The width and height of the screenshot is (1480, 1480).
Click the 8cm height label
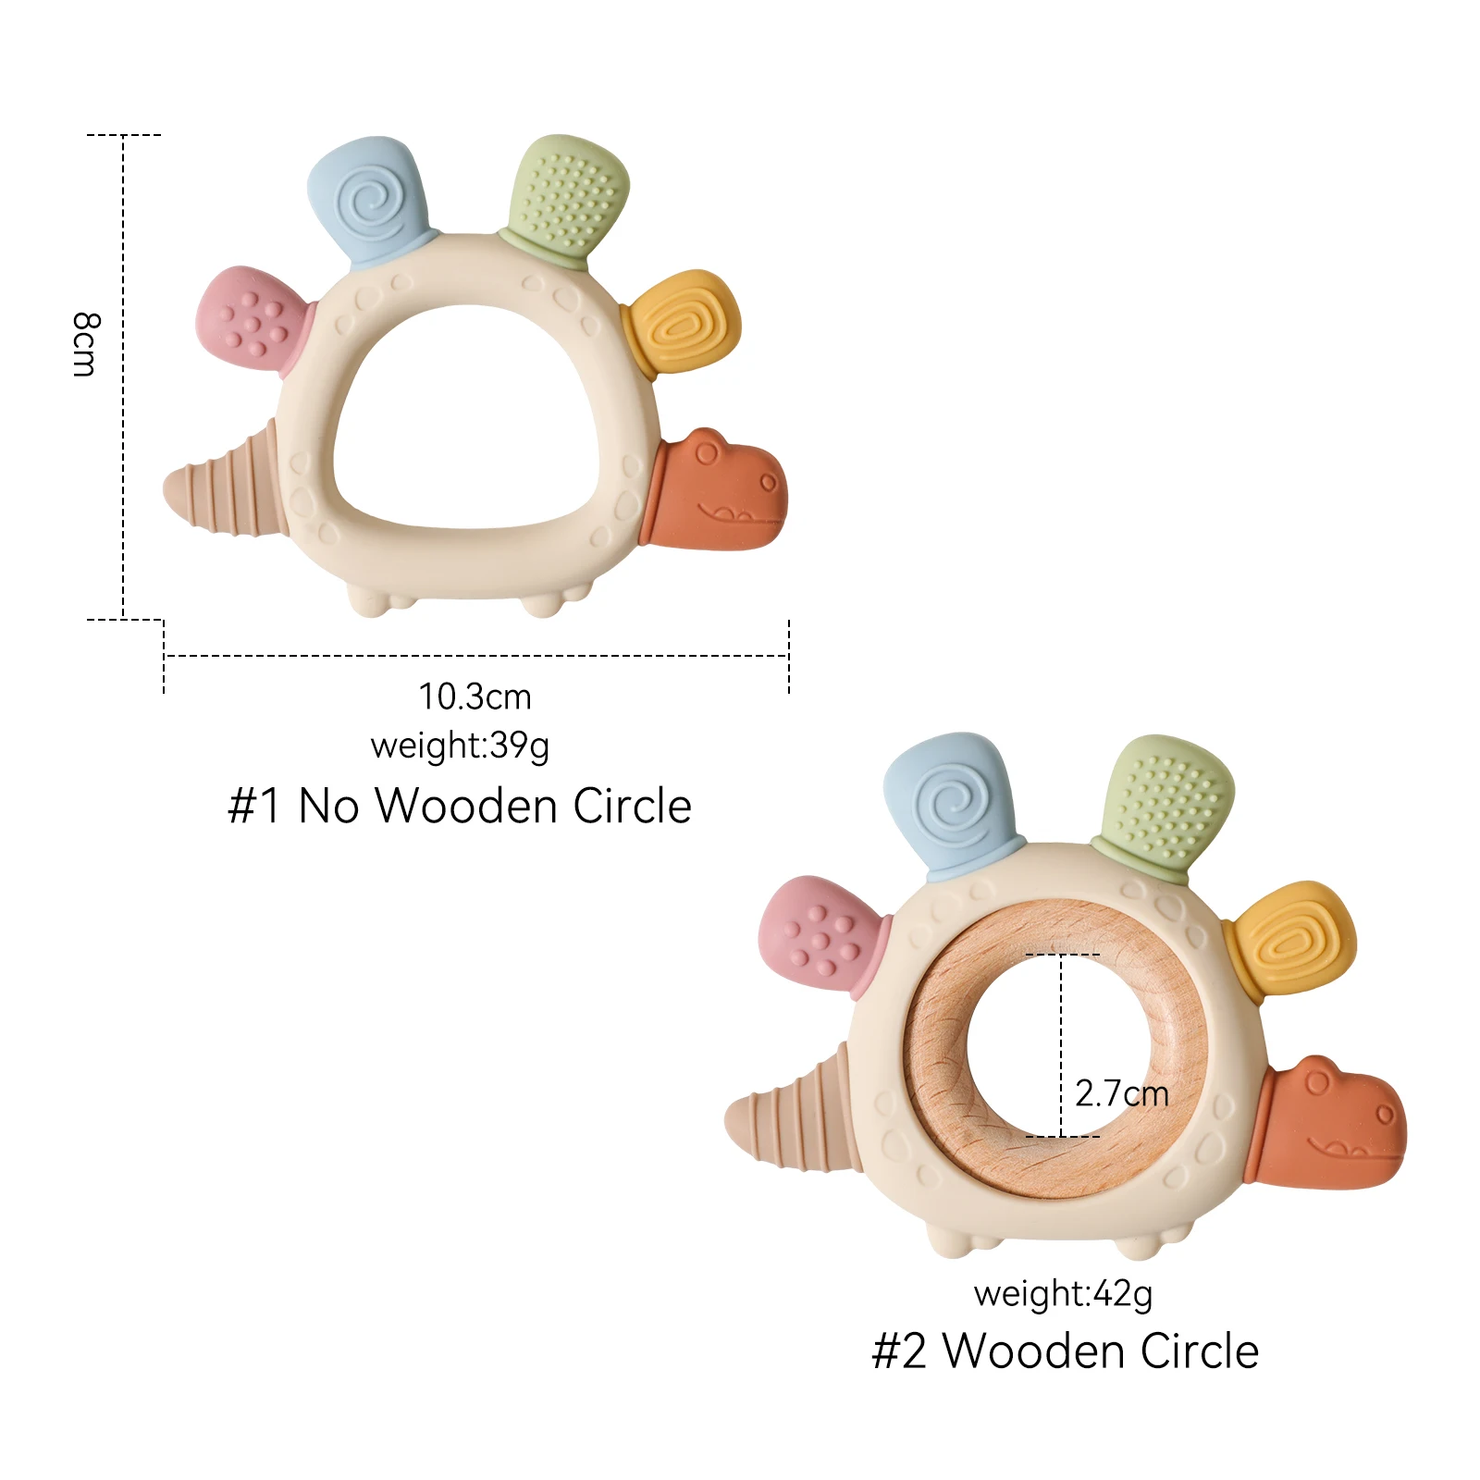(84, 344)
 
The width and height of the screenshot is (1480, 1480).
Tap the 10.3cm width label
(475, 697)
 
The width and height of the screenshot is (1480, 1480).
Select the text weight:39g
(460, 745)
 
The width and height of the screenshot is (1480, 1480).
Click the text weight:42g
(1063, 1292)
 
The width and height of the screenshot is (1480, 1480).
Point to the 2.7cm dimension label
(1121, 1093)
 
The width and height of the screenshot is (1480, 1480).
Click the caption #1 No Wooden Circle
(460, 806)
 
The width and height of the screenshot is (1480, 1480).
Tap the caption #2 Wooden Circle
(1065, 1350)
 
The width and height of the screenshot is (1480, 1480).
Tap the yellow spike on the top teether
(683, 323)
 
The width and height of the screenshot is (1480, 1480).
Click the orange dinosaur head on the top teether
(722, 490)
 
